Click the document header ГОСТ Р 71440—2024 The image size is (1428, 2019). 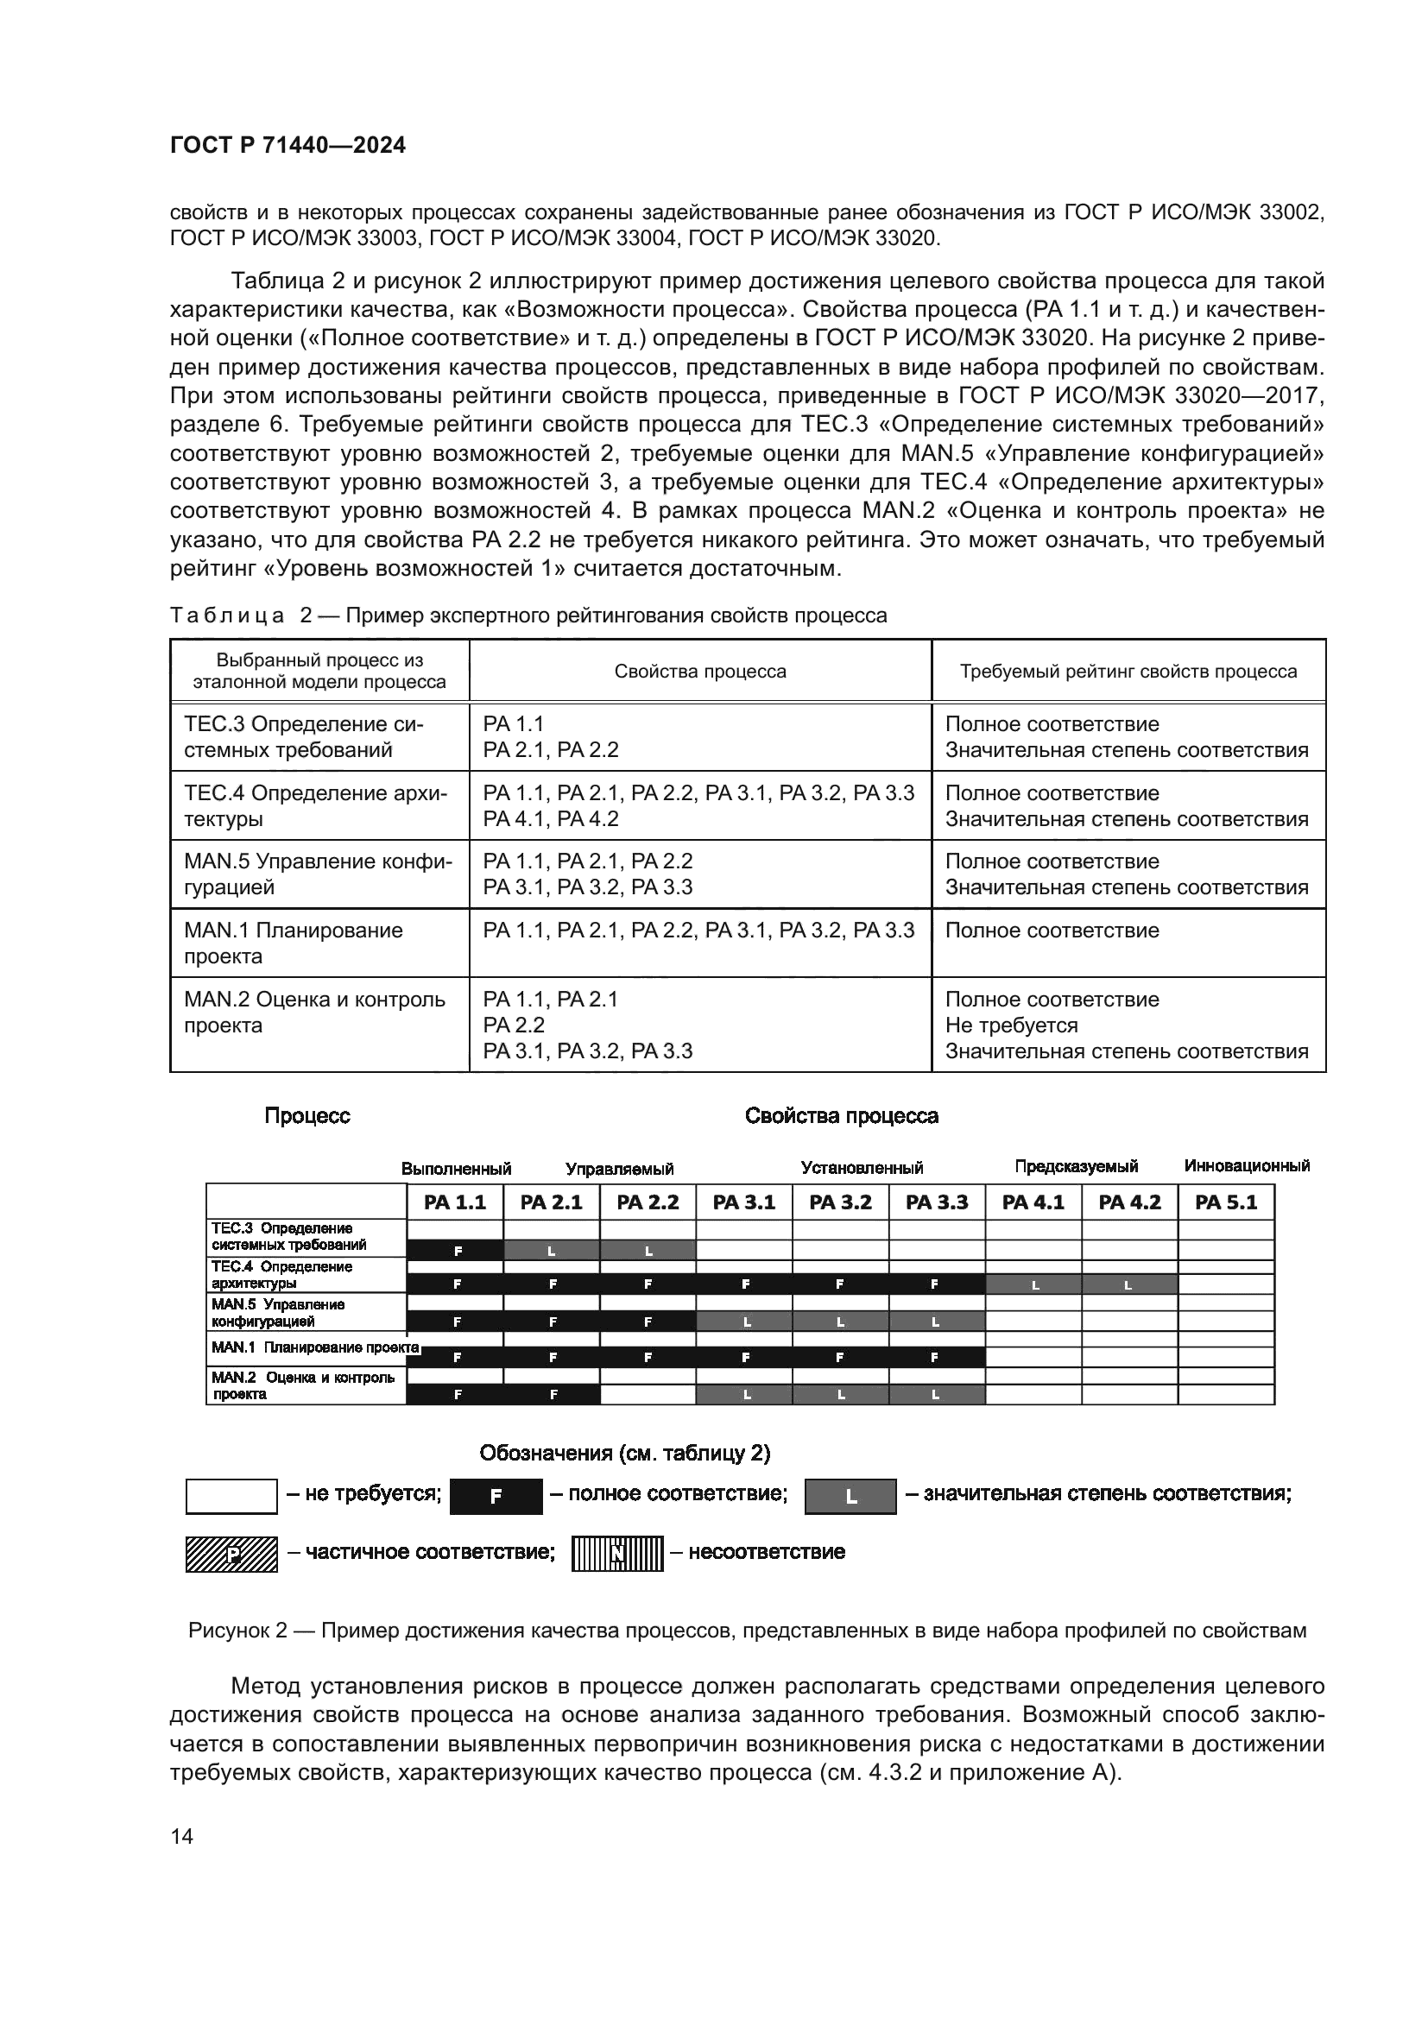pos(287,146)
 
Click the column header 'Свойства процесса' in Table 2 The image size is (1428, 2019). pos(700,672)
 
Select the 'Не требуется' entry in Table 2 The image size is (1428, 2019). pos(1011,1025)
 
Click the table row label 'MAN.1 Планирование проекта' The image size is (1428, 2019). pos(294,943)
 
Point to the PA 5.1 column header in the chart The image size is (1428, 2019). pos(1226,1202)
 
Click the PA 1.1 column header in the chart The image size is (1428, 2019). pos(455,1202)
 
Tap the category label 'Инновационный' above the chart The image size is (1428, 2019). pos(1246,1166)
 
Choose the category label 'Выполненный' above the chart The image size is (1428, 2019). pos(456,1169)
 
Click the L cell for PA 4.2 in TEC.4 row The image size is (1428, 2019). pos(1129,1284)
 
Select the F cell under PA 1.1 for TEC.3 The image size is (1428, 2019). pos(455,1250)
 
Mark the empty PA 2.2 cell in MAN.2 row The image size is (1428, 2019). pos(648,1395)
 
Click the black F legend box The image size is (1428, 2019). pos(496,1497)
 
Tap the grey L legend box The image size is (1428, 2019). pos(850,1497)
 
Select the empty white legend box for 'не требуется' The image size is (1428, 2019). pos(231,1497)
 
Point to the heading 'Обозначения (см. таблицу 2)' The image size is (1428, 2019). pos(624,1454)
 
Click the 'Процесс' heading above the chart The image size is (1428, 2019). pos(306,1116)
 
